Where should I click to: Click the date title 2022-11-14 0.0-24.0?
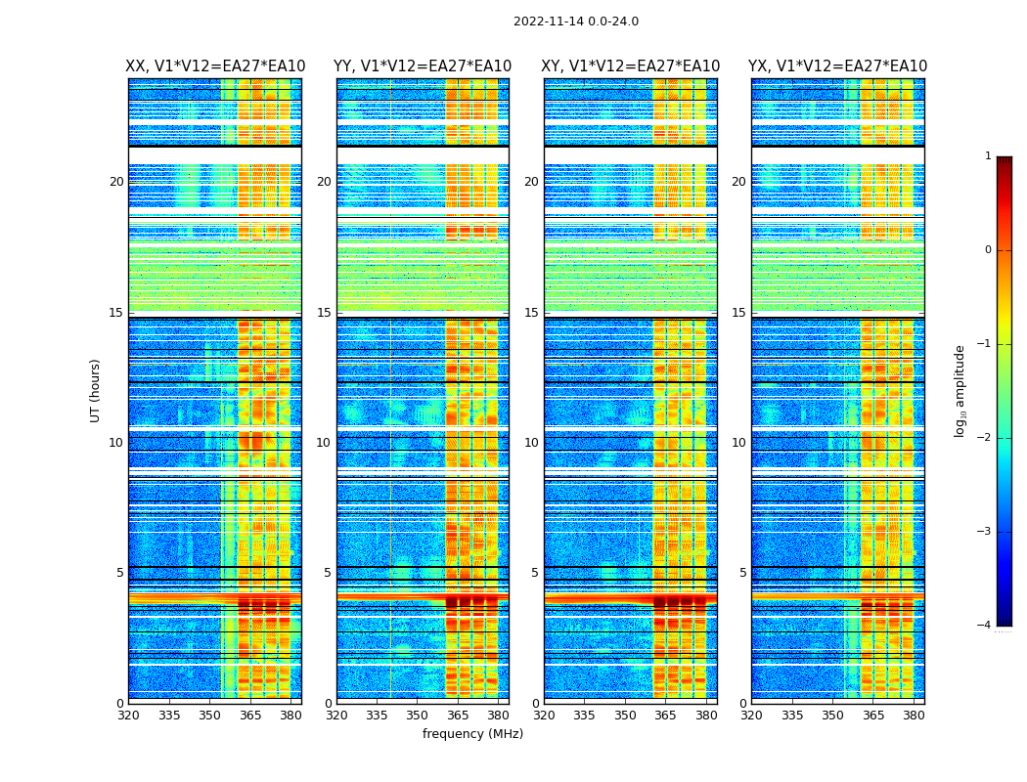(x=575, y=22)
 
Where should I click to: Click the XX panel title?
(x=215, y=66)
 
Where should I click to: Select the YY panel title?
(x=423, y=66)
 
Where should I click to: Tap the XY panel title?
(x=631, y=66)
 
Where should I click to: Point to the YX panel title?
(x=837, y=66)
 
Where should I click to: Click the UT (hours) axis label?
(x=95, y=390)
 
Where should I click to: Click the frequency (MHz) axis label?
(x=472, y=734)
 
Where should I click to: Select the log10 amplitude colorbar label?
(x=960, y=390)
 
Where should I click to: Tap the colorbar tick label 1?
(x=987, y=156)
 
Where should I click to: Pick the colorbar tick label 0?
(x=987, y=250)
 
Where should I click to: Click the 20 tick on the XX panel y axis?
(x=116, y=182)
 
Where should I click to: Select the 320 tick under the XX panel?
(x=128, y=715)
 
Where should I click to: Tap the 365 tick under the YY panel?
(x=458, y=715)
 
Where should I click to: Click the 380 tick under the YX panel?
(x=914, y=715)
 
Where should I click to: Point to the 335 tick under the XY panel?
(x=584, y=715)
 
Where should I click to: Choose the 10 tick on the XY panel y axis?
(x=531, y=443)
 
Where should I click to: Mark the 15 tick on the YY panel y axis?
(x=324, y=313)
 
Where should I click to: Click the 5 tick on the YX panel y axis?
(x=742, y=573)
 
